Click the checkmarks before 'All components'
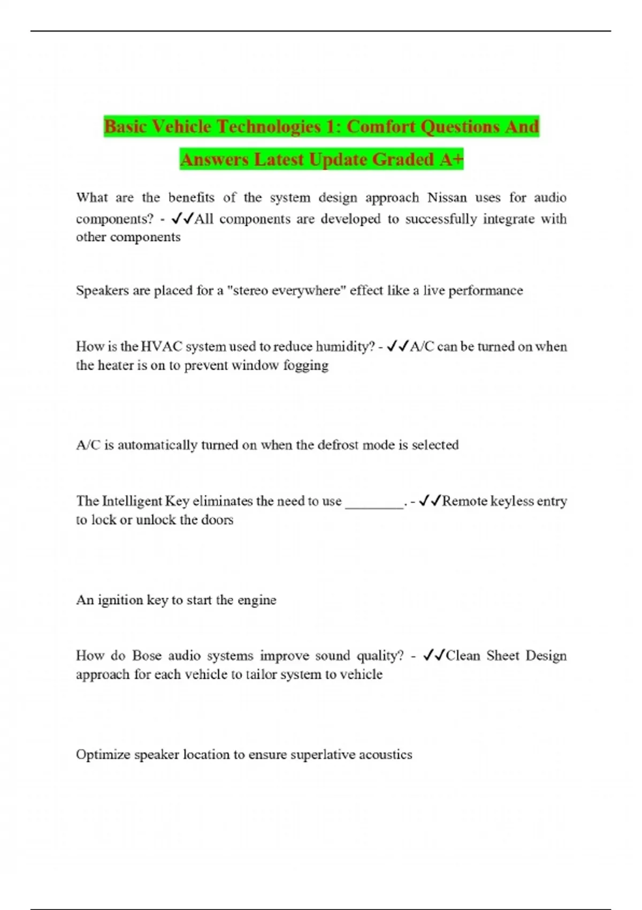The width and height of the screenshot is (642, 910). tap(181, 219)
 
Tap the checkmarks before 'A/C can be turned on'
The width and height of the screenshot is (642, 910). tap(398, 347)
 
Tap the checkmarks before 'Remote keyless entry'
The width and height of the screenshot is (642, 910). tap(430, 501)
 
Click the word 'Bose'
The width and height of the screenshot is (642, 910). tap(147, 656)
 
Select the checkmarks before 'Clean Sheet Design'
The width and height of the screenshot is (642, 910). tap(433, 656)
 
